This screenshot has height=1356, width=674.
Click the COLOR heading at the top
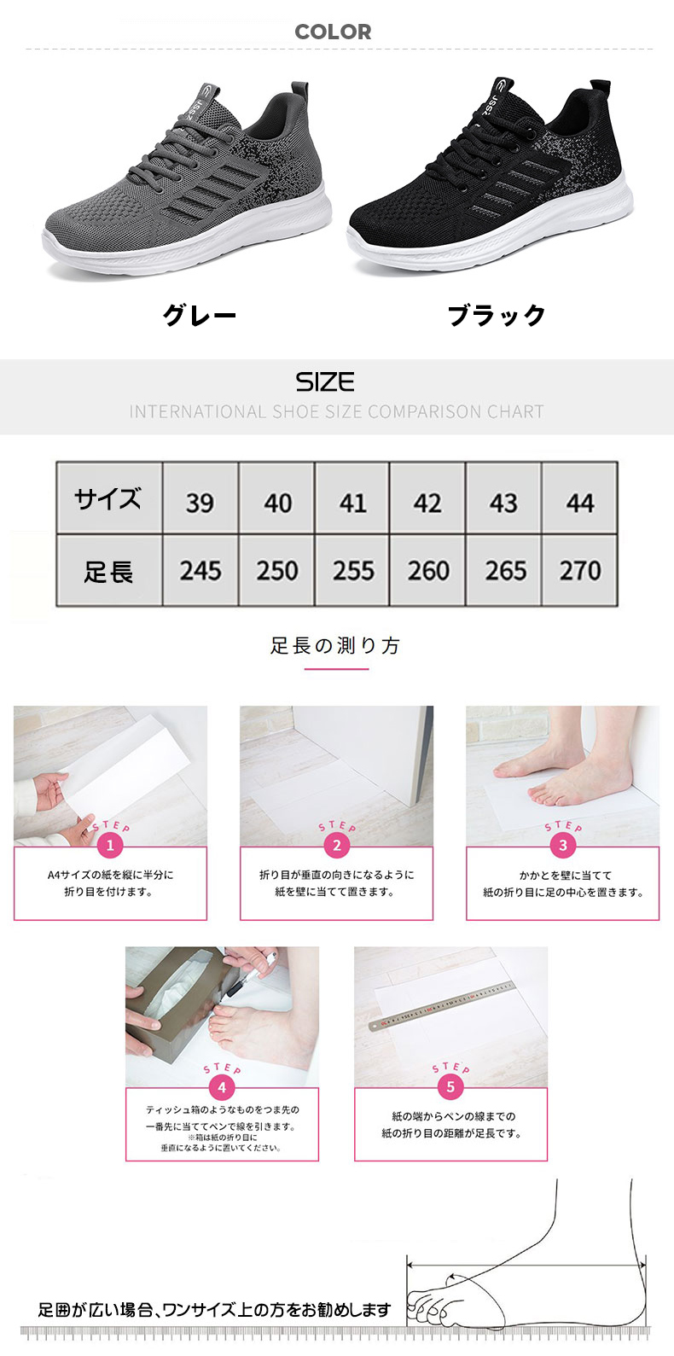click(x=333, y=32)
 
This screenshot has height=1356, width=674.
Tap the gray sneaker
click(x=188, y=182)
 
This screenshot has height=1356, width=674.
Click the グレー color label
click(x=200, y=316)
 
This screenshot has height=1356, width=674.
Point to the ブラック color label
click(x=497, y=316)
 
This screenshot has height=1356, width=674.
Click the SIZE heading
click(x=325, y=382)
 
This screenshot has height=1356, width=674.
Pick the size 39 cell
click(x=200, y=498)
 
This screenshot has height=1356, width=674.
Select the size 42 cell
click(x=427, y=498)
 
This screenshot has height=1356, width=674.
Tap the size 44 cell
click(x=580, y=498)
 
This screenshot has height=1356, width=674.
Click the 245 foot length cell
click(x=200, y=570)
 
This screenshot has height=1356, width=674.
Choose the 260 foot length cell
click(x=427, y=570)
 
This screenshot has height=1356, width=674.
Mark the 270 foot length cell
click(x=580, y=570)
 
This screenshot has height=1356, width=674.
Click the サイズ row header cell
click(x=109, y=498)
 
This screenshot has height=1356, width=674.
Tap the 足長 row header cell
click(x=109, y=570)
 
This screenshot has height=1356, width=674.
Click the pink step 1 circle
click(x=110, y=845)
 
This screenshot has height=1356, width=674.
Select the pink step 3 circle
click(x=563, y=845)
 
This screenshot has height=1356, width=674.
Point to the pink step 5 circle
click(x=450, y=1086)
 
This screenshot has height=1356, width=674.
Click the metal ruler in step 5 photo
click(x=441, y=1007)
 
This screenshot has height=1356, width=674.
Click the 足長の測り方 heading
click(x=335, y=646)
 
